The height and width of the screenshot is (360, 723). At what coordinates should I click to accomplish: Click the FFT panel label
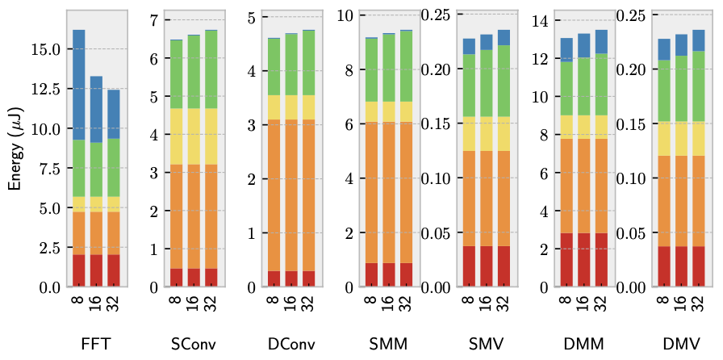point(96,344)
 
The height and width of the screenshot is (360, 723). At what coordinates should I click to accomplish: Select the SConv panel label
point(193,344)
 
